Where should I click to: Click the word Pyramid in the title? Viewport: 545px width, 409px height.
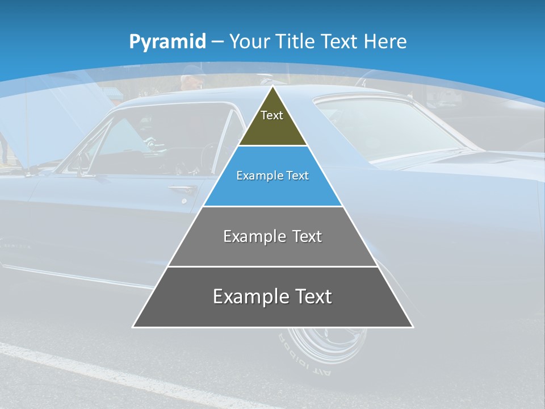(x=167, y=42)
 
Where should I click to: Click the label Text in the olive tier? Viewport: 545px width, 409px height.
(x=271, y=115)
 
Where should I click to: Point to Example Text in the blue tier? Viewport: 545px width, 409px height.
(x=272, y=176)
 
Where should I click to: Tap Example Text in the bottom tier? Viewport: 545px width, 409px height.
(x=272, y=297)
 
